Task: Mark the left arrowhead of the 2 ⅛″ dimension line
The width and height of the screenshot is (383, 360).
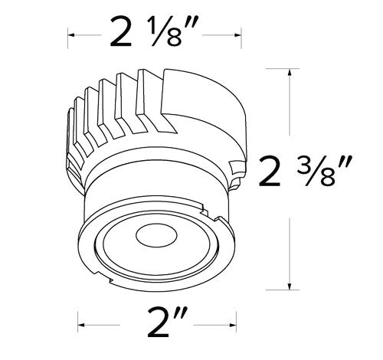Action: (x=71, y=35)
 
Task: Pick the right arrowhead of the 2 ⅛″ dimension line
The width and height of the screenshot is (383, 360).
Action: (x=230, y=35)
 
